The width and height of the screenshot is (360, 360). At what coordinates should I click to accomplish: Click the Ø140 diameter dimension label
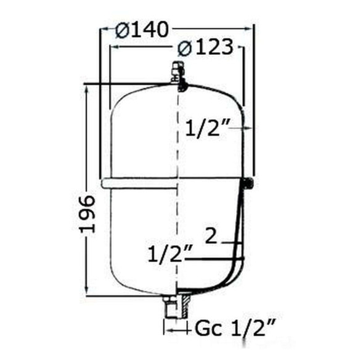coord(142,30)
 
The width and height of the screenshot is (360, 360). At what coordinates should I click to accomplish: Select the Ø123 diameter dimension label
coord(205,47)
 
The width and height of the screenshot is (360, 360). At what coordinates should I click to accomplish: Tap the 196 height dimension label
coord(88,214)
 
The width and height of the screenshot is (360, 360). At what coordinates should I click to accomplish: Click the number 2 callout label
coord(211,235)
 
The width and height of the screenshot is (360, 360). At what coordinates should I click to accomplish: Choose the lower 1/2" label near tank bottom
coord(170,254)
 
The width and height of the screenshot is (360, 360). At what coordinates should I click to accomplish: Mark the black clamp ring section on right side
coord(248,184)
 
